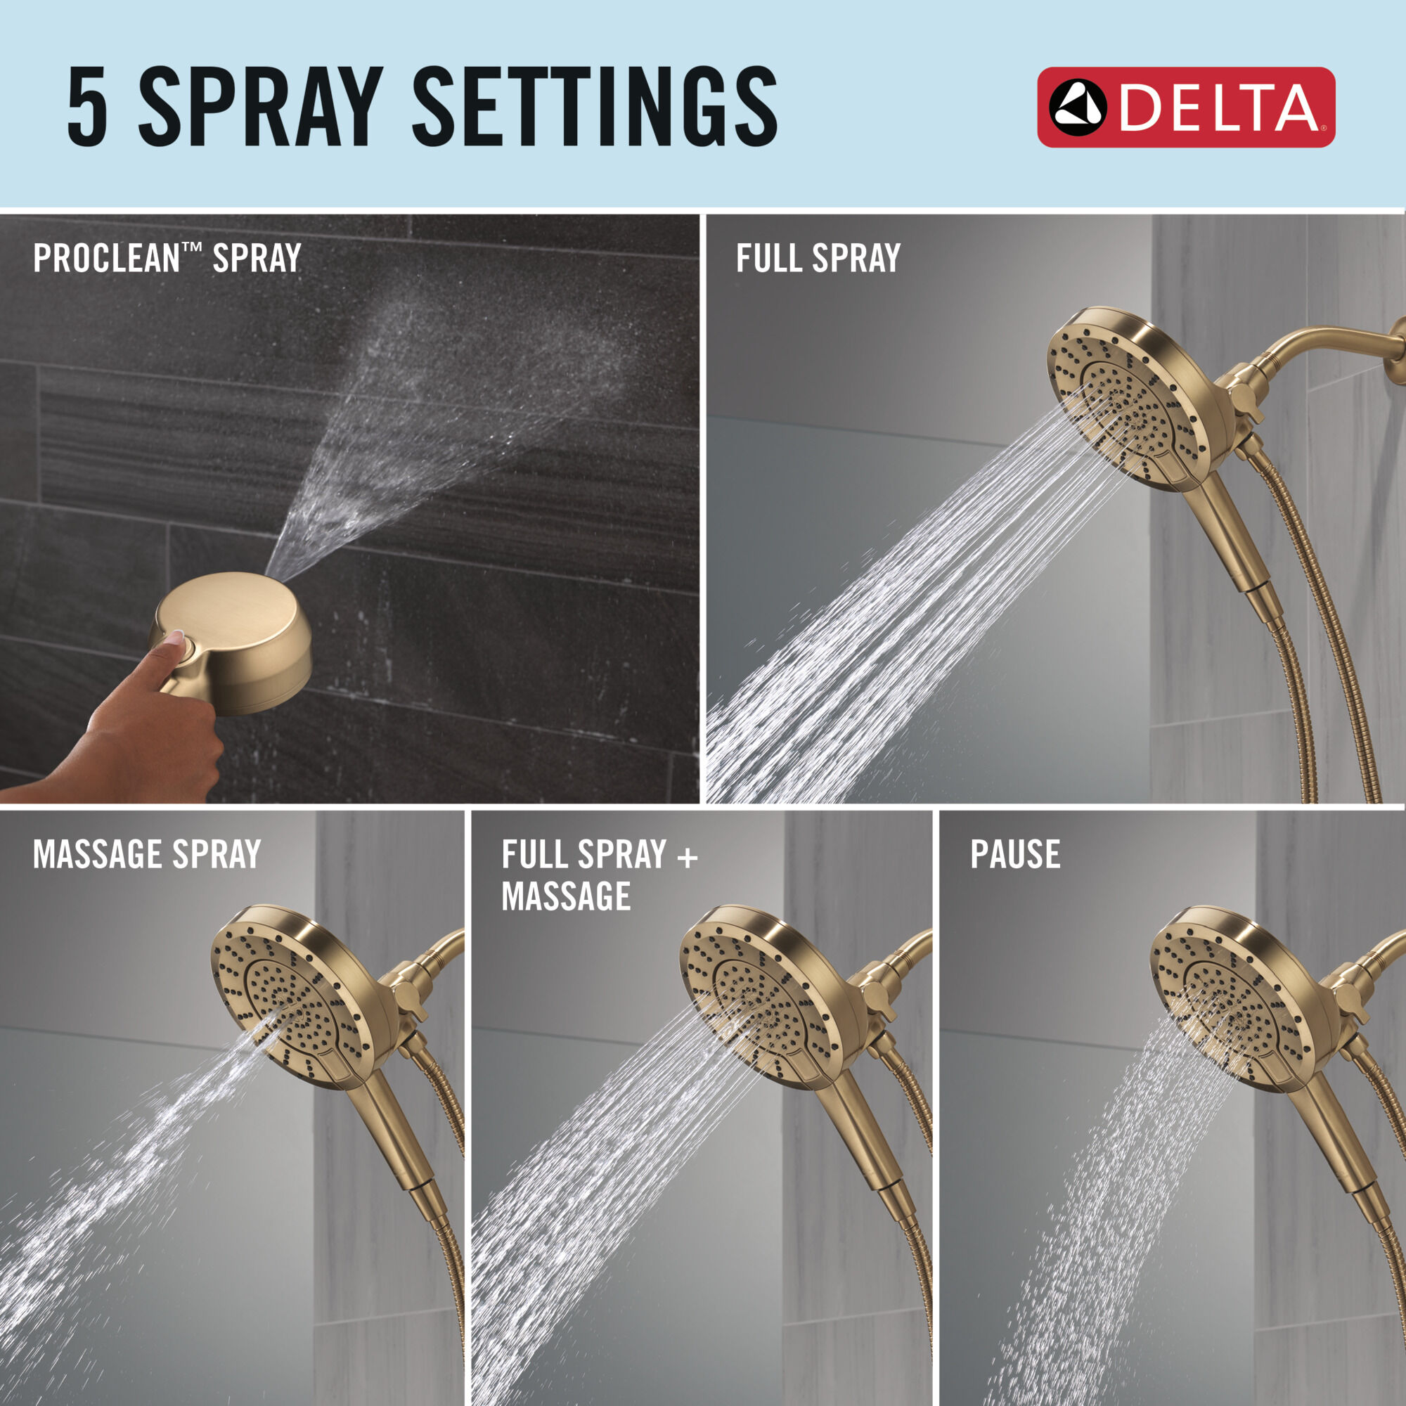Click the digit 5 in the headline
[88, 106]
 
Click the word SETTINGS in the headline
[595, 106]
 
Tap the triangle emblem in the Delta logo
[1077, 107]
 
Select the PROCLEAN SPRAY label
[167, 257]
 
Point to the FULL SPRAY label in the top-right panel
[818, 257]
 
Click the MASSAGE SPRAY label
[146, 853]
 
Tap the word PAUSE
[1014, 853]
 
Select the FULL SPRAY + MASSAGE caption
[598, 875]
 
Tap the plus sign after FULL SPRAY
[687, 856]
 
